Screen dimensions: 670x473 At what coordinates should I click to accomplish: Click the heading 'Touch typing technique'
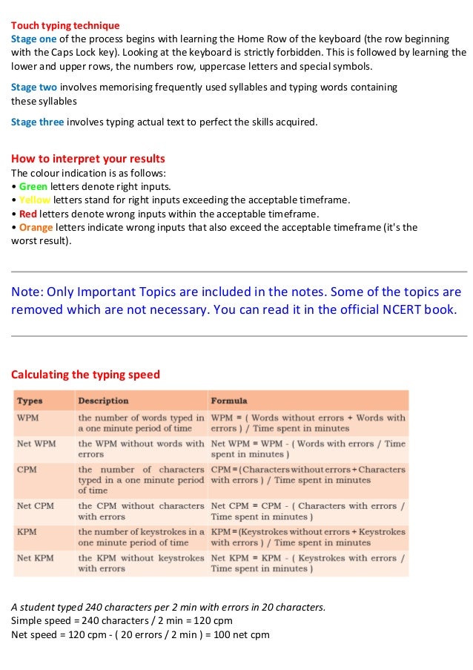point(65,25)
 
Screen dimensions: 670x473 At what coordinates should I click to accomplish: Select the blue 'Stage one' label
point(33,38)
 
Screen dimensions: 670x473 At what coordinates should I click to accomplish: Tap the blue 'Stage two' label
point(34,87)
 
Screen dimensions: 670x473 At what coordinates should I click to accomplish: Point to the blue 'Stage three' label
point(37,122)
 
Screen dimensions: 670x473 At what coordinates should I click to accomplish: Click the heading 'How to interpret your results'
point(87,159)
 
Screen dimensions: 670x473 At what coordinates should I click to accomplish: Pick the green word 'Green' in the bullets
point(33,186)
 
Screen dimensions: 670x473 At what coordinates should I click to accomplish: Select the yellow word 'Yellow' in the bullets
point(34,200)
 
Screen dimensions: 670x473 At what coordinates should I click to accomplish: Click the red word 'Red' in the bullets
point(28,213)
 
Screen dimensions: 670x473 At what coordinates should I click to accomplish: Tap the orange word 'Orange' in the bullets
point(36,227)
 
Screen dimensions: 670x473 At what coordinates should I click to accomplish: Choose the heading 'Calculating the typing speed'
point(85,375)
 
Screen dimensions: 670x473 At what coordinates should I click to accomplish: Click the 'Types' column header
point(30,401)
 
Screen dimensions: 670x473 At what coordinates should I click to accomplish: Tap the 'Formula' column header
point(229,401)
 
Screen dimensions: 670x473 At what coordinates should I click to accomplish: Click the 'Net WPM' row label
point(36,444)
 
